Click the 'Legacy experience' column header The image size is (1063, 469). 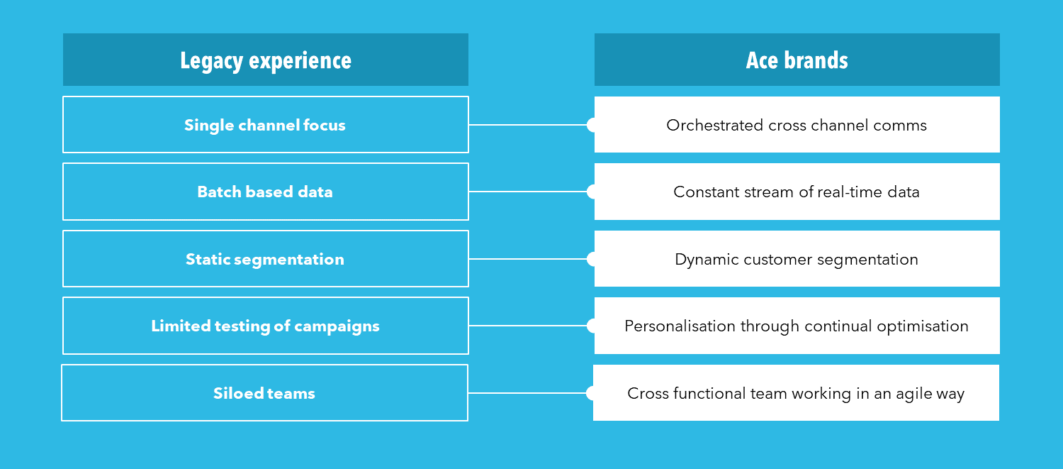point(266,60)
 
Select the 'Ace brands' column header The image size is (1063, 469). point(797,60)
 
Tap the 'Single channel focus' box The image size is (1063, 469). point(266,124)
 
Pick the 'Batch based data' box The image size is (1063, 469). point(266,192)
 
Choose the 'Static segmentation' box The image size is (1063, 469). point(266,258)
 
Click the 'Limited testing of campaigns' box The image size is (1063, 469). point(266,326)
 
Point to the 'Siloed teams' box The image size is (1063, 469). point(265,392)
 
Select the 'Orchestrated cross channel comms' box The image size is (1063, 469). point(797,124)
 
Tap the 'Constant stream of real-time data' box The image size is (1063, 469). point(797,192)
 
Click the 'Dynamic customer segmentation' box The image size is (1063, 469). point(797,258)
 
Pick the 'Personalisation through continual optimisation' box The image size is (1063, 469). point(797,326)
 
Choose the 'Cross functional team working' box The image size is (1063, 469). point(797,392)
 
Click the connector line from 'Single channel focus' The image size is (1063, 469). point(528,125)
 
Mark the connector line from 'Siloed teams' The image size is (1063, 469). point(527,393)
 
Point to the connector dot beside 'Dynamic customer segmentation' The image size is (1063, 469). point(591,259)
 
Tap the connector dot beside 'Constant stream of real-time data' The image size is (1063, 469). point(591,192)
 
